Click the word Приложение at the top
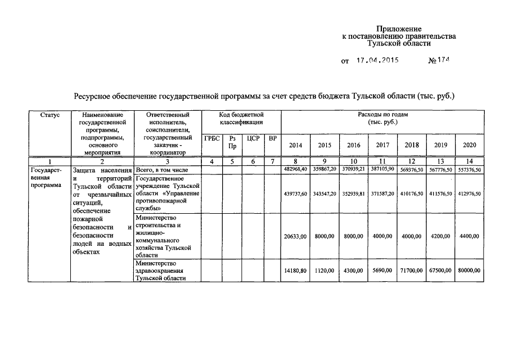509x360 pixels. coord(399,29)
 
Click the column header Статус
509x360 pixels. coord(50,115)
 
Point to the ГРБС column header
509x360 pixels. coord(212,138)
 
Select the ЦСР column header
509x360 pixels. coord(253,138)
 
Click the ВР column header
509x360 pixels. coord(273,138)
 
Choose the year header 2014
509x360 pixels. coord(295,145)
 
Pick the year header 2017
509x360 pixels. coord(383,145)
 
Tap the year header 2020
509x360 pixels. coord(469,145)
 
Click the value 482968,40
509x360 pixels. coord(295,169)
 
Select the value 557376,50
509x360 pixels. coord(469,169)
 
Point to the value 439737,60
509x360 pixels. coord(295,193)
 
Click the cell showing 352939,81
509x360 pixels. coord(354,193)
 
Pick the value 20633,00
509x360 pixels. coord(295,236)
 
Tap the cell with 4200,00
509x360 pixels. coord(440,236)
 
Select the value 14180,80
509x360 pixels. coord(295,271)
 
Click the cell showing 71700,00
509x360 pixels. coord(412,271)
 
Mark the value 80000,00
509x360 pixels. coord(469,271)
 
